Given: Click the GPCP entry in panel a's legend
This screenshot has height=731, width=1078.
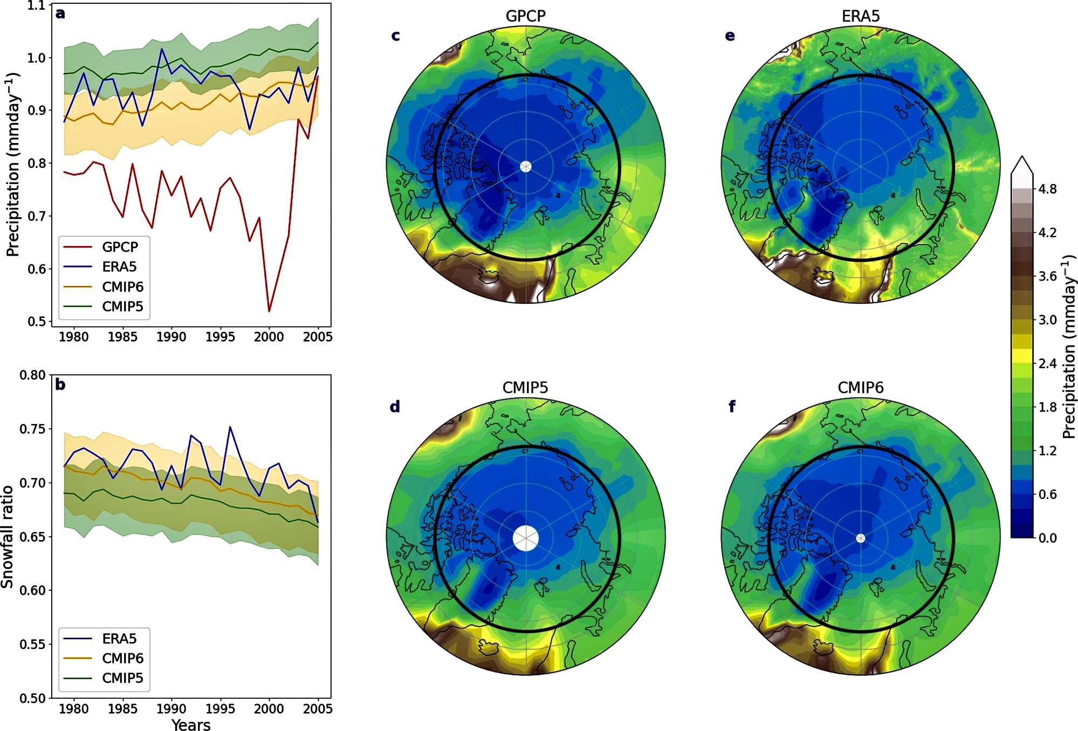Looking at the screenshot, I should pos(120,247).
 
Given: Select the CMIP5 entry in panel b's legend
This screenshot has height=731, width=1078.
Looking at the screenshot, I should pos(122,678).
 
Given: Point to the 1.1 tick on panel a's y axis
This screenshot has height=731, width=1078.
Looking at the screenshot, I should pos(36,6).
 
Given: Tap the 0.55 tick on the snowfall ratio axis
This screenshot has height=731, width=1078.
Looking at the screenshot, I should pos(32,644).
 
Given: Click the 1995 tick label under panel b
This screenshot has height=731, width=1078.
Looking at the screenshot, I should pos(220,708).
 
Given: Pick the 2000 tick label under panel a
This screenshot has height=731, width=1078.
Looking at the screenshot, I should pos(269,337).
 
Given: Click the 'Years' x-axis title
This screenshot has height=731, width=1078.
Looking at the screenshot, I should pos(191,725).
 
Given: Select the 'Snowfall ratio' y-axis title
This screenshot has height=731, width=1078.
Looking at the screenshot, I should pos(8,537).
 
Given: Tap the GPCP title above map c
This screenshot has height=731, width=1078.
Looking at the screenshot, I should pos(525,16).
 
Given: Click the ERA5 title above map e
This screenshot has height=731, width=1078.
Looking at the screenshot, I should pos(860,16).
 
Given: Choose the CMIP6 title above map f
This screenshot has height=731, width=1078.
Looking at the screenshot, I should pos(860,387).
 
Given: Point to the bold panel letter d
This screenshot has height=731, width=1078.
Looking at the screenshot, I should pos(395,407).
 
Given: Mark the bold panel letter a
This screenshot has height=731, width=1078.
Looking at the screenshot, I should pos(60,13).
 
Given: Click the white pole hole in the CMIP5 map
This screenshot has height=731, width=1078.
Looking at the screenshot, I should pos(526,538).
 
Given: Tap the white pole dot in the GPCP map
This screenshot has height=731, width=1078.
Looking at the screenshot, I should pos(526,166).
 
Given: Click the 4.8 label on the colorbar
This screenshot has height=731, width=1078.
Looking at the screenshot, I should pos(1047,189).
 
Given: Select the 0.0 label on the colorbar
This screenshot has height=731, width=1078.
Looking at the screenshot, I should pos(1047,538).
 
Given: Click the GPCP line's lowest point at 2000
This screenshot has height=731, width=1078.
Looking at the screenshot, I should pos(269,311).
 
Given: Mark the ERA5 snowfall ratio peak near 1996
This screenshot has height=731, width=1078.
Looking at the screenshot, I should pos(230,427).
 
